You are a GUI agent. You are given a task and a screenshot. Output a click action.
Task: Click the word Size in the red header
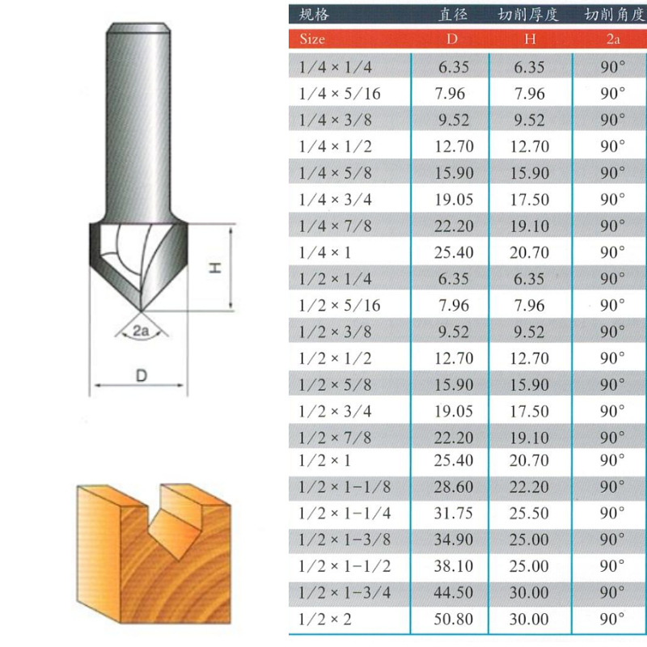[x=312, y=39]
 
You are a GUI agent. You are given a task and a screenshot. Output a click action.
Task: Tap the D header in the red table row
[x=452, y=39]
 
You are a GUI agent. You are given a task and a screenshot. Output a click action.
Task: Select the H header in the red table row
[x=530, y=39]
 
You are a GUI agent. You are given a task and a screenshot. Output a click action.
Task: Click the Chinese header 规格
[x=314, y=15]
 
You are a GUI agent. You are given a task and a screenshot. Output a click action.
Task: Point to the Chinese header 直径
[x=453, y=15]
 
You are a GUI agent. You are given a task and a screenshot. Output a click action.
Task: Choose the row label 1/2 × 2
[x=325, y=619]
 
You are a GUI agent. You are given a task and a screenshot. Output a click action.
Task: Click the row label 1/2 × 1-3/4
[x=345, y=593]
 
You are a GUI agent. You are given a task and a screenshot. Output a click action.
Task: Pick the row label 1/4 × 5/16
[x=340, y=94]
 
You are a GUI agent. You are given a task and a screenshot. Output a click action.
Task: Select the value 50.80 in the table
[x=453, y=619]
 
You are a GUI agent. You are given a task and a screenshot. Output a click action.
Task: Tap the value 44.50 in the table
[x=453, y=593]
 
